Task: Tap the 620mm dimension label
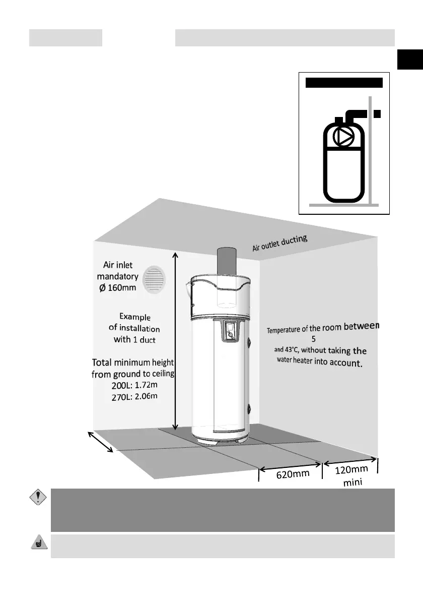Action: point(292,474)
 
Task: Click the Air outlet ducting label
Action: point(279,243)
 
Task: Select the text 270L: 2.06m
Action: point(134,396)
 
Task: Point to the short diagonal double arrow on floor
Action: point(101,442)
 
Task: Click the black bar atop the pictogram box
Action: point(344,83)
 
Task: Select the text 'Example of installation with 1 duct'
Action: point(134,328)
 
